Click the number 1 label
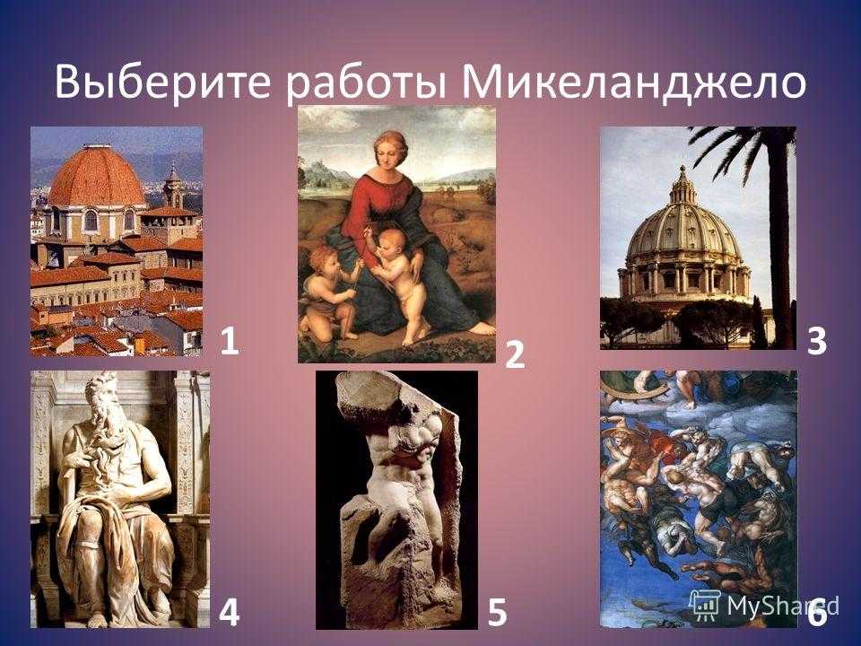[x=230, y=341]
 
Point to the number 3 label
[x=817, y=341]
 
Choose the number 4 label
[x=229, y=613]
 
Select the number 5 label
[x=497, y=613]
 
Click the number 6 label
[x=817, y=613]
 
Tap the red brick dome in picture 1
[x=97, y=176]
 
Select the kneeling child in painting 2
[x=331, y=290]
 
